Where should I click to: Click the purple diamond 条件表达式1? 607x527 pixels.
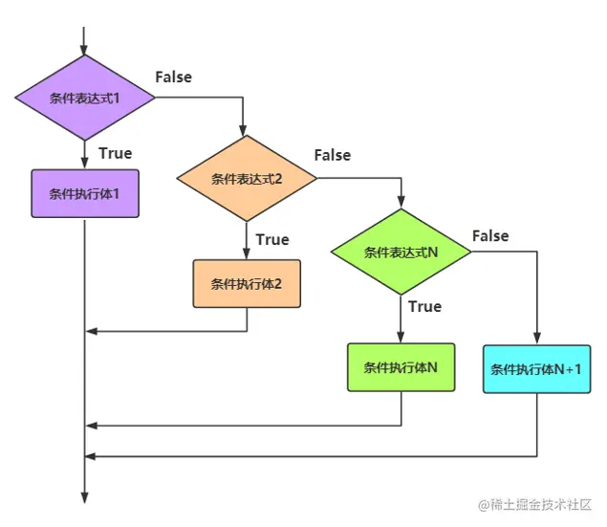(84, 98)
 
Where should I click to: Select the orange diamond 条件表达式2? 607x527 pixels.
(247, 179)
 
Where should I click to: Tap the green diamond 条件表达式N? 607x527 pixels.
(401, 253)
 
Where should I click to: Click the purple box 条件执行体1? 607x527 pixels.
(84, 194)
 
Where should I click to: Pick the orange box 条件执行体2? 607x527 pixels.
(247, 283)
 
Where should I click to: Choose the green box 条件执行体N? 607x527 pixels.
(401, 367)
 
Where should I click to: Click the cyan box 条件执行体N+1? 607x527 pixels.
(536, 369)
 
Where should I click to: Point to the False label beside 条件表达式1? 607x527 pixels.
(173, 77)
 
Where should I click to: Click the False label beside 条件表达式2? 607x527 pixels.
(332, 155)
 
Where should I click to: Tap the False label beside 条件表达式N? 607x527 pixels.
(490, 236)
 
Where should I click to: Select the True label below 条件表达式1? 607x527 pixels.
(115, 153)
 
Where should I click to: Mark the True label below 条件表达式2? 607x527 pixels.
(272, 239)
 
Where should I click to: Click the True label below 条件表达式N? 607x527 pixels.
(424, 306)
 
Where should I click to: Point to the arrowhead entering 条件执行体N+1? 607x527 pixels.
(536, 339)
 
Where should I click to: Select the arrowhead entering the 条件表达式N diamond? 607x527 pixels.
(401, 202)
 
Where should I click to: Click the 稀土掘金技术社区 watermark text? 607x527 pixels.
(535, 504)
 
